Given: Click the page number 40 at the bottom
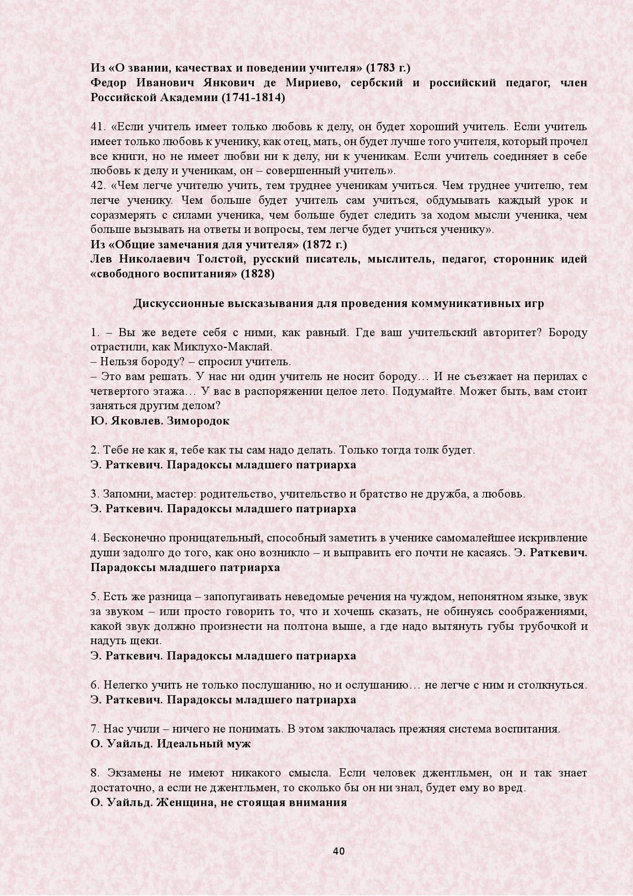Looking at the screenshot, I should (x=339, y=851).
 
